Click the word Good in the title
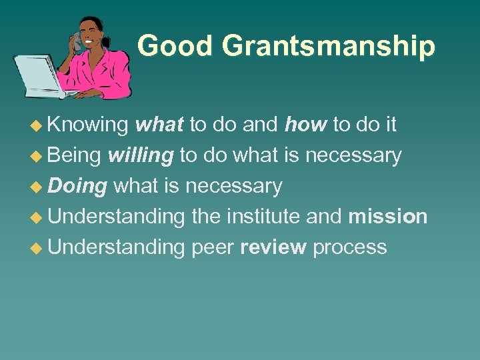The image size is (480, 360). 175,46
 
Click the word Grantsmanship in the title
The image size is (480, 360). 329,46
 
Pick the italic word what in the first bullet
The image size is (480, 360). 160,125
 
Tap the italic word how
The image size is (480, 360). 305,125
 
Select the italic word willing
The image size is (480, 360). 141,155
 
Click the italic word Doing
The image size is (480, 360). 78,186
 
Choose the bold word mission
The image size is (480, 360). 387,217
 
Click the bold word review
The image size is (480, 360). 273,247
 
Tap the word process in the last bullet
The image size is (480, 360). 349,247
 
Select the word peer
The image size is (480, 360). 212,247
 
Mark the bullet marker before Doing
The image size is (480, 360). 40,187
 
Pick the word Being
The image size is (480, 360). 75,155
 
